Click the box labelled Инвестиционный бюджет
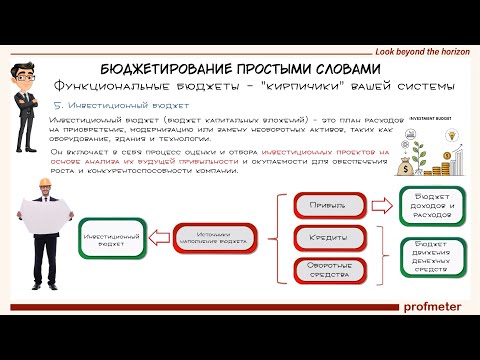pos(112,241)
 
